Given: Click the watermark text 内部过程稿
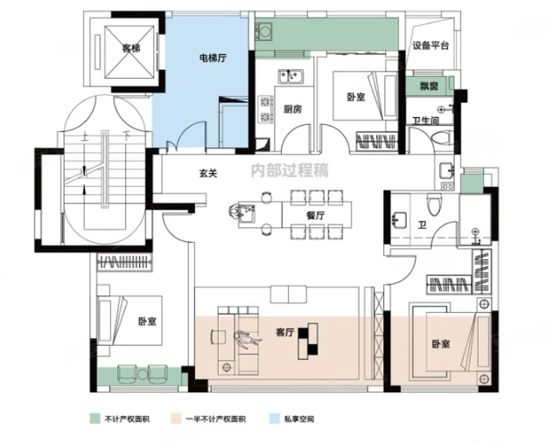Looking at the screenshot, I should pos(289,170).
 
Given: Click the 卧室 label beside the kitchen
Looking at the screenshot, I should pos(356,97).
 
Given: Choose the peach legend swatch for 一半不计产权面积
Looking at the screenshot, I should pos(176,419).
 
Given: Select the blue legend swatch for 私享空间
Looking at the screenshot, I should pos(274,419).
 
